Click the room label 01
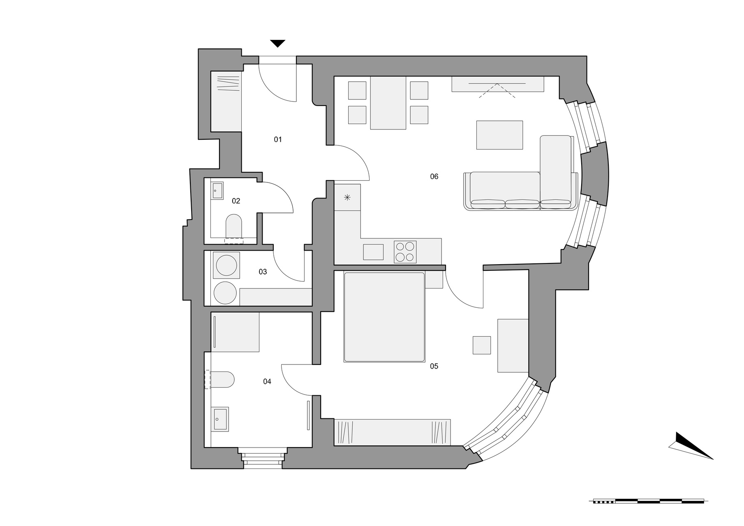click(x=278, y=140)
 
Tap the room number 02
click(x=236, y=201)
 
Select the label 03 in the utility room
click(x=263, y=272)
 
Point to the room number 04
click(x=267, y=382)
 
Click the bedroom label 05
click(x=434, y=366)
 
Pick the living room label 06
click(x=434, y=177)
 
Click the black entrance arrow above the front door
click(x=277, y=43)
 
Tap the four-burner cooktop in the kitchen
click(x=405, y=252)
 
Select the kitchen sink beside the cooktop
click(x=373, y=252)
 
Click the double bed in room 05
click(x=384, y=317)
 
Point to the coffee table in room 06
click(x=499, y=135)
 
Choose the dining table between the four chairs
click(x=388, y=103)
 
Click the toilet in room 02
click(x=234, y=226)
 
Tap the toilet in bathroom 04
click(x=222, y=380)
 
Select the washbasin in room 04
click(x=220, y=419)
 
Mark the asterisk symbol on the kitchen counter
click(x=347, y=197)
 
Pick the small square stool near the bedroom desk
click(x=481, y=345)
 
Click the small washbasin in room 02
click(x=217, y=191)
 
